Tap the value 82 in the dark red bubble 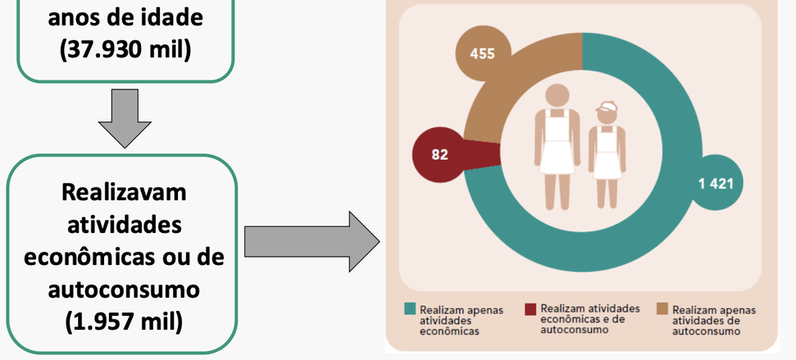[440, 153]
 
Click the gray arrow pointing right [312, 244]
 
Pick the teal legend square [409, 309]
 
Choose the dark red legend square [530, 309]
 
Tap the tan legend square [662, 309]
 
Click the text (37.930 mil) [125, 49]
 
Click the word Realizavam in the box [124, 194]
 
